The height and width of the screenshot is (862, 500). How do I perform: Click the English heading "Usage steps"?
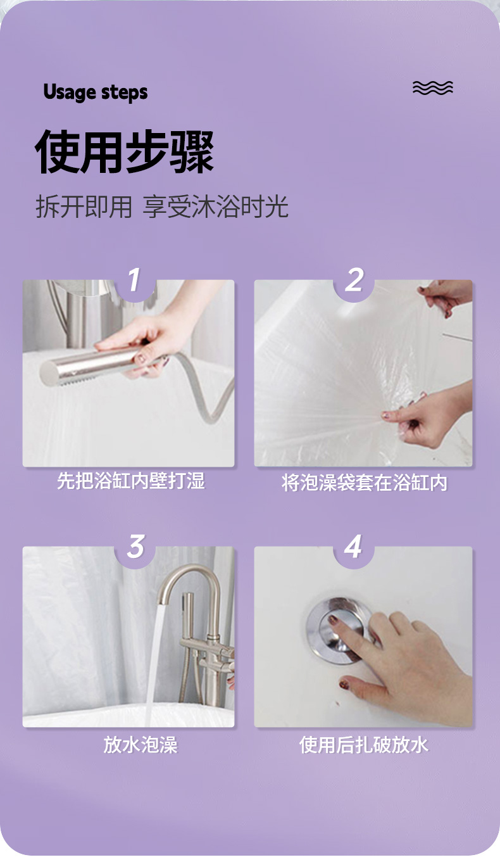pyautogui.click(x=96, y=92)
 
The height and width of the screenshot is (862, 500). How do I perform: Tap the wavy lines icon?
pyautogui.click(x=433, y=88)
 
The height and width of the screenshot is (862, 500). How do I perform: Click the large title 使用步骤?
pyautogui.click(x=124, y=151)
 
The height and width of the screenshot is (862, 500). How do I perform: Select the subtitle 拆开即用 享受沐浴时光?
pyautogui.click(x=162, y=207)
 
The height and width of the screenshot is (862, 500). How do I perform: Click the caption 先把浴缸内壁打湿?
pyautogui.click(x=131, y=481)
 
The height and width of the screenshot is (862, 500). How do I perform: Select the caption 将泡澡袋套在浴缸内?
pyautogui.click(x=364, y=483)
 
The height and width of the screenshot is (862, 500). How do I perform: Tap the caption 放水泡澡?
pyautogui.click(x=141, y=745)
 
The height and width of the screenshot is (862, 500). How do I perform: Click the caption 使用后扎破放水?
pyautogui.click(x=363, y=745)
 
